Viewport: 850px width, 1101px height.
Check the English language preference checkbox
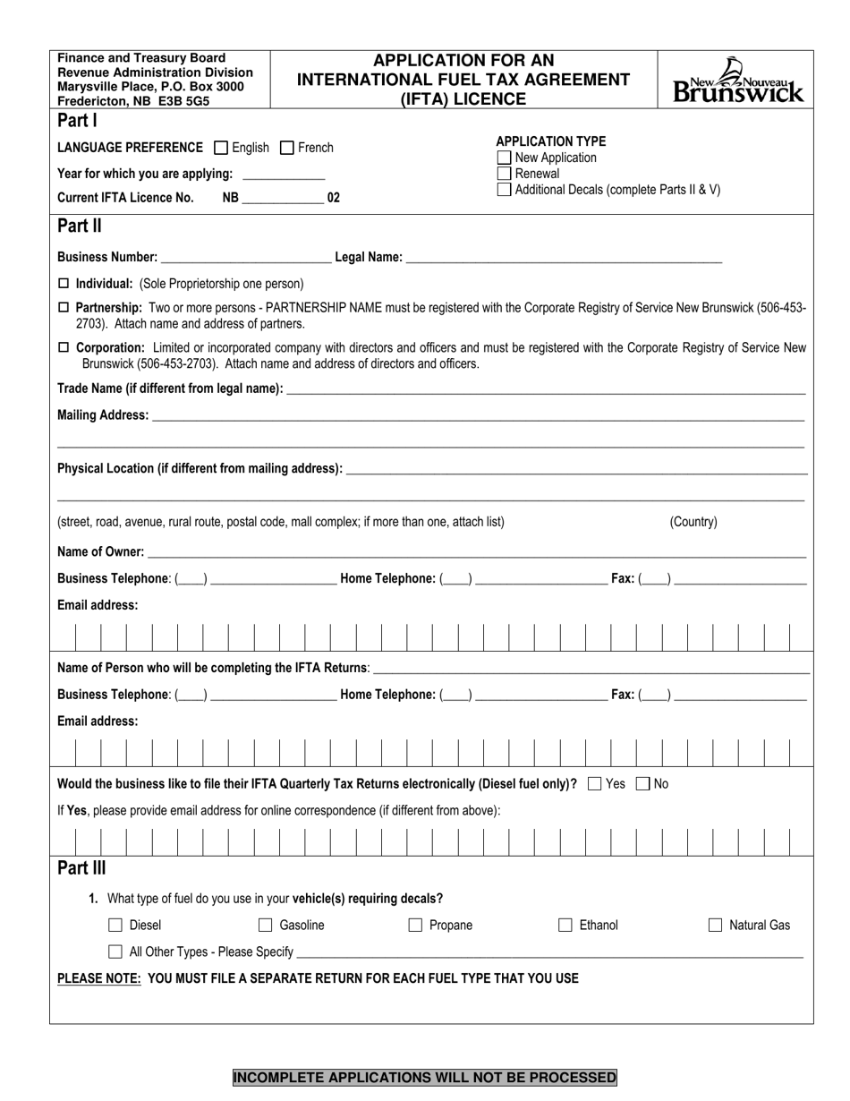(221, 148)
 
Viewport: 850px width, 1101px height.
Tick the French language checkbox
(287, 148)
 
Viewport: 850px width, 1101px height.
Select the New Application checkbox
(504, 158)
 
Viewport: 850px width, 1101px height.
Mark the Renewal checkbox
(504, 174)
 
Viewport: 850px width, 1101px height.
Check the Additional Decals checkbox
(504, 190)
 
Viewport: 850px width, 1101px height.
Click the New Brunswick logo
(738, 81)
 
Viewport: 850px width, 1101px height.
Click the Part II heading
(80, 226)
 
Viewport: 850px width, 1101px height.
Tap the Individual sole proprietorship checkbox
(63, 284)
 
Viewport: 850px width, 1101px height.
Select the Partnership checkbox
(63, 308)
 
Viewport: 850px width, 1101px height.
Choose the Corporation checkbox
(63, 348)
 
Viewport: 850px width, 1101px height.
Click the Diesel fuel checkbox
(115, 926)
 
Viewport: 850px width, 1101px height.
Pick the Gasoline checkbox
(266, 926)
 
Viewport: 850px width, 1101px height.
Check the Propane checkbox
(415, 926)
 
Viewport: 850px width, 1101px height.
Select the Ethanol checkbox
(565, 926)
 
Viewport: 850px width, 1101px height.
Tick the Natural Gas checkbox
(715, 926)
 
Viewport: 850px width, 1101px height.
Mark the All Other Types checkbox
(115, 952)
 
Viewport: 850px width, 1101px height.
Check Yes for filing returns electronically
(595, 784)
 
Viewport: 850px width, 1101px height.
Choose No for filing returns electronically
(642, 784)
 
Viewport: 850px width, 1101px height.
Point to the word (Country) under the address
(693, 522)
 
